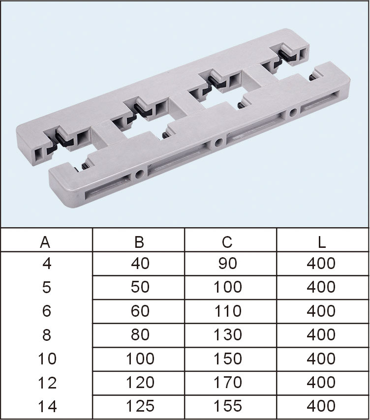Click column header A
[x=45, y=242]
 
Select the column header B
[x=139, y=242]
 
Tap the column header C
[x=227, y=242]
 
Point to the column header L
[x=321, y=242]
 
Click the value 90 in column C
[x=227, y=263]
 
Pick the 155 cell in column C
[x=227, y=406]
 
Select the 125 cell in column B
[x=140, y=406]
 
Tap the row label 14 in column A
[x=47, y=406]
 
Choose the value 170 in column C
[x=227, y=382]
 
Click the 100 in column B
[x=140, y=359]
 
